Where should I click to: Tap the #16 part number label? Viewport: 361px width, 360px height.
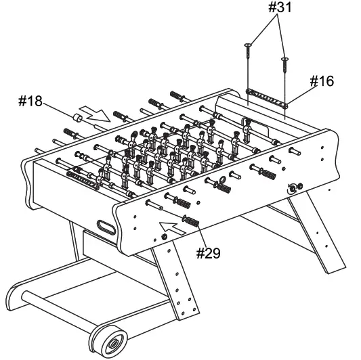click(322, 82)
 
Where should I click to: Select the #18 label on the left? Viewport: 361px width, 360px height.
click(31, 102)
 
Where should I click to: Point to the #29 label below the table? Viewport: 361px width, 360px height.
click(209, 253)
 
